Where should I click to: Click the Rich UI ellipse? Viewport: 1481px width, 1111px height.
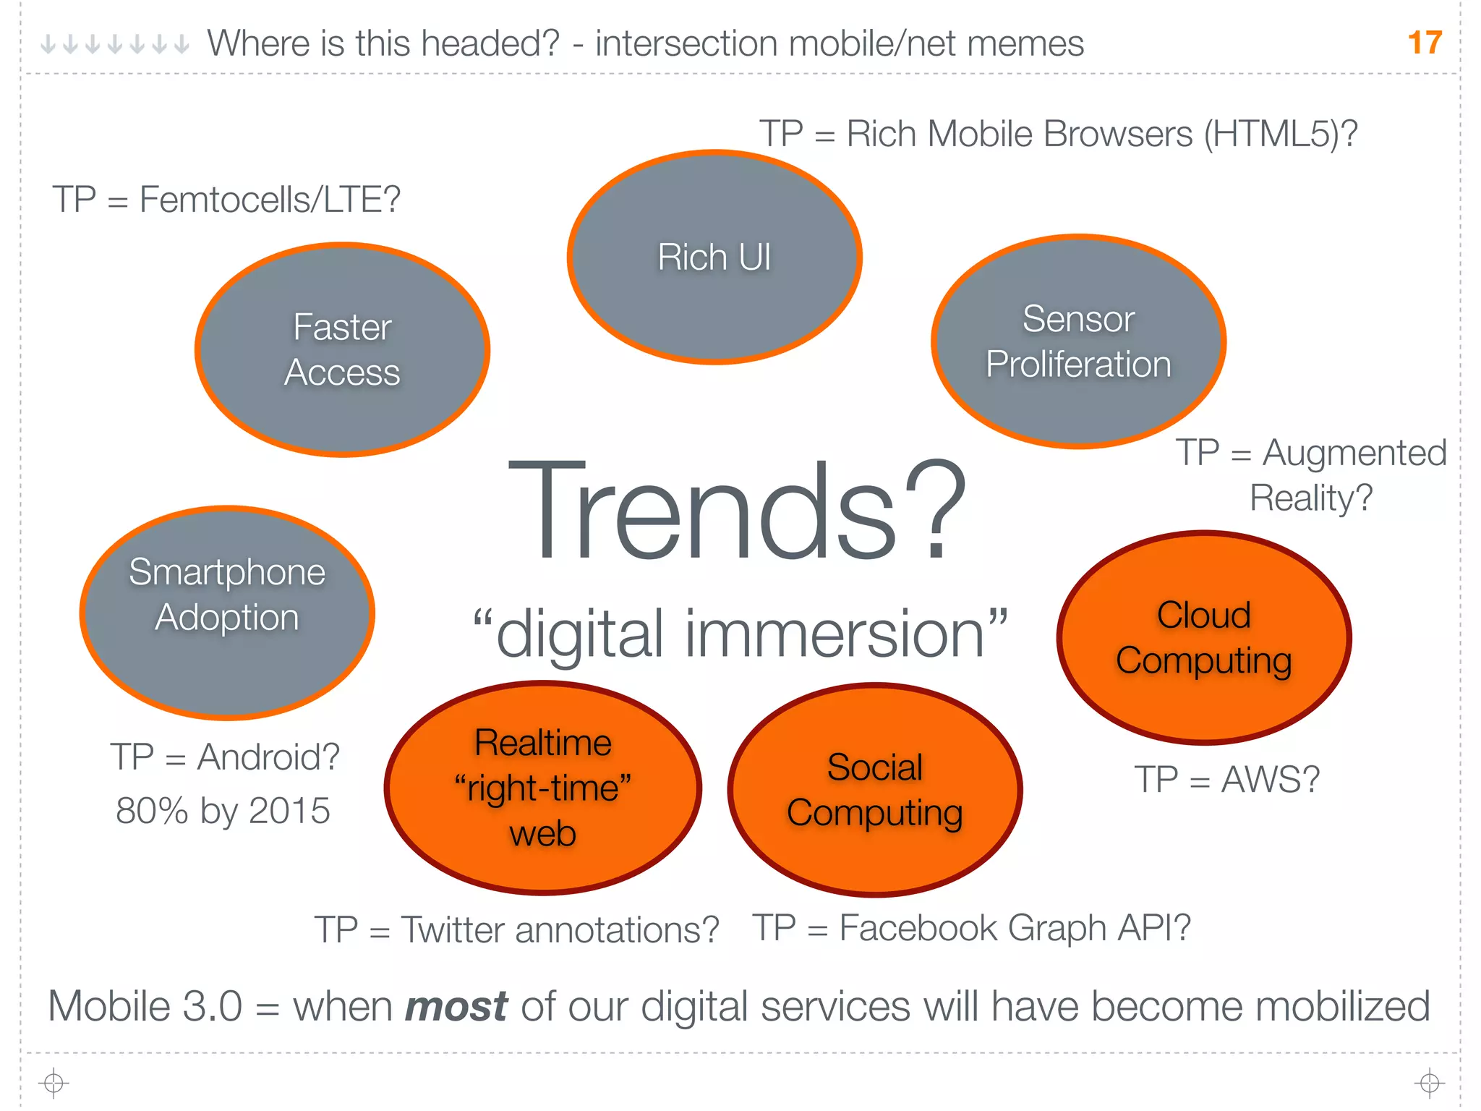(714, 257)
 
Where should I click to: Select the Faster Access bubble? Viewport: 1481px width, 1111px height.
(342, 349)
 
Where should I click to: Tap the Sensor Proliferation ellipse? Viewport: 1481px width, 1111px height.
(1078, 341)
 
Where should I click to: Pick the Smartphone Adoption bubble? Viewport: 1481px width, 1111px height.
(227, 612)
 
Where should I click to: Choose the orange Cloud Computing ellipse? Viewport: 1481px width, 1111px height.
(1203, 637)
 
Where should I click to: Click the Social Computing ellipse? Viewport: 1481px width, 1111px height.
(874, 790)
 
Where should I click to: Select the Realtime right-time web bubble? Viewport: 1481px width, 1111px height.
(542, 788)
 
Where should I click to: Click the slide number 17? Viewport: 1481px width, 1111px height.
(1425, 43)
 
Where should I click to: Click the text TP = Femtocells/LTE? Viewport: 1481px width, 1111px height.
(226, 200)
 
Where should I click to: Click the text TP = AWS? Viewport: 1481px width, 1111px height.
(1226, 780)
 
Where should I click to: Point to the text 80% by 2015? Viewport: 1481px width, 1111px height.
(223, 811)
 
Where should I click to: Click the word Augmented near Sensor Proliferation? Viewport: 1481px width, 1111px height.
(1354, 454)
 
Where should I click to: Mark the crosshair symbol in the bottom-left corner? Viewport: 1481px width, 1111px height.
(54, 1083)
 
